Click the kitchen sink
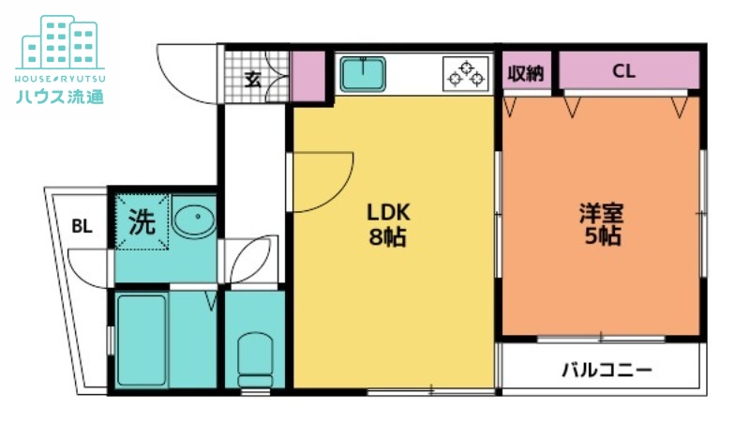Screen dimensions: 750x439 tap(363, 74)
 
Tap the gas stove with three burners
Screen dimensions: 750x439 tap(466, 74)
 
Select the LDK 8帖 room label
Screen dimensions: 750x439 tap(388, 224)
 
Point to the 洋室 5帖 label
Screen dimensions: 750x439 tap(602, 224)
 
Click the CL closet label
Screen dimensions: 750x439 tap(623, 71)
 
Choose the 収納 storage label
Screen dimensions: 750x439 tap(526, 73)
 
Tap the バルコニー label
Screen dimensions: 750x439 tap(607, 370)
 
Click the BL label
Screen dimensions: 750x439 tap(82, 226)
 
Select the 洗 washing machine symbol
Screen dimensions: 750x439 tap(142, 221)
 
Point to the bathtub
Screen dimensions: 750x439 tap(142, 340)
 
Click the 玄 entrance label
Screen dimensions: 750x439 tap(253, 80)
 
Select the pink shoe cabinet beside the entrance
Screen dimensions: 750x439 tap(308, 76)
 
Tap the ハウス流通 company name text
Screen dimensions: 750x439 tap(60, 97)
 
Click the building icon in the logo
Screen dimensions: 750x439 tap(60, 42)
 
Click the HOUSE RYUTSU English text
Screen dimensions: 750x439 tap(60, 79)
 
